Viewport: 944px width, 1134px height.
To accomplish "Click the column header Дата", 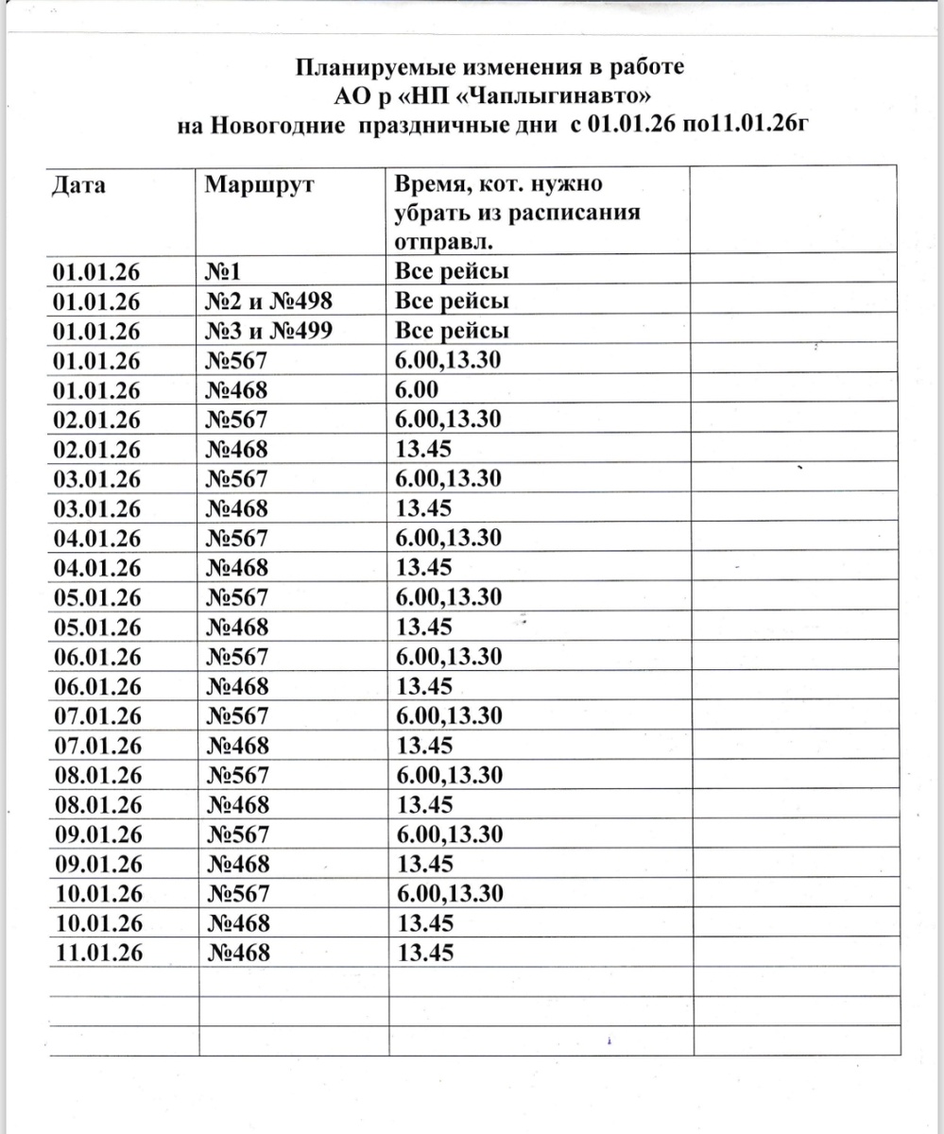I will (x=78, y=183).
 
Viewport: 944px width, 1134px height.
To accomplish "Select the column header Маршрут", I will (x=259, y=183).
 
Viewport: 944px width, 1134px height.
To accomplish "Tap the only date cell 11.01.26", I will (x=97, y=953).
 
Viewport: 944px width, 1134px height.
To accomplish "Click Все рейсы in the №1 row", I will (x=451, y=272).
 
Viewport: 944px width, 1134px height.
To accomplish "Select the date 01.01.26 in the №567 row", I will (x=97, y=361).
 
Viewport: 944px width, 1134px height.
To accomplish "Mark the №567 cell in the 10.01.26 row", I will (x=237, y=894).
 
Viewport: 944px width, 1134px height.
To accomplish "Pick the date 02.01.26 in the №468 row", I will (x=97, y=450).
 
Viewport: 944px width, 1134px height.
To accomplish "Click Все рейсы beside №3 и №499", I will (x=451, y=331).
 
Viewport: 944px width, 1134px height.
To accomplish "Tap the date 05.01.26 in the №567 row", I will (x=97, y=597).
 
